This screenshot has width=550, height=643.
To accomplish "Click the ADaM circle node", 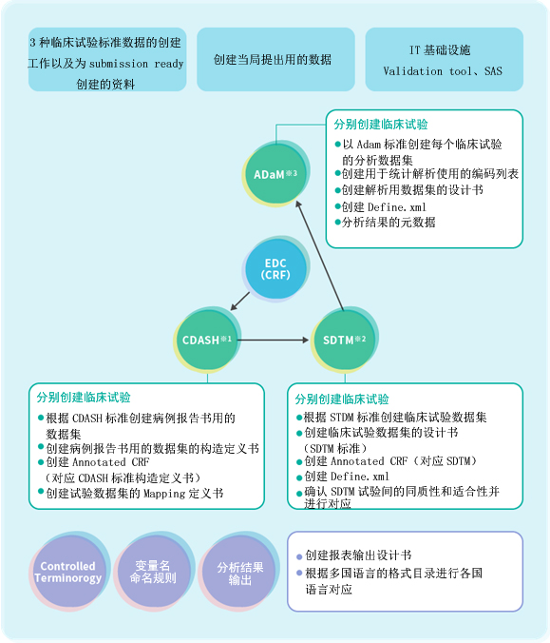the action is tap(275, 174).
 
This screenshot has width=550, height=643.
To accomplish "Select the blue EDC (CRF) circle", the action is tap(275, 269).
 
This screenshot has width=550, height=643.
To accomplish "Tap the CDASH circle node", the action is tap(207, 340).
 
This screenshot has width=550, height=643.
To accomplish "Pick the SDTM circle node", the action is tap(344, 340).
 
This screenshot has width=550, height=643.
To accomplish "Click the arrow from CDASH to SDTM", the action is tap(274, 340).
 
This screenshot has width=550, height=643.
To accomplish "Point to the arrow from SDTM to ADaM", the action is tap(320, 255).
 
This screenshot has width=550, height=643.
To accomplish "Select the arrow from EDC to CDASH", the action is tap(240, 301).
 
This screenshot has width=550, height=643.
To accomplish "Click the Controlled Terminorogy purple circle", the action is tap(68, 572).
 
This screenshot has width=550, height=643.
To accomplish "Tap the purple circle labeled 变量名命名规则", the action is tap(153, 572).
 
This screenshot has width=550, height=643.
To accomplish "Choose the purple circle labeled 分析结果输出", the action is tap(240, 573).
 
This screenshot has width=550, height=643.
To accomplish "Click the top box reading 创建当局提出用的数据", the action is tap(275, 60).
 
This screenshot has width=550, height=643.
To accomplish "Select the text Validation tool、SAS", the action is tap(443, 71).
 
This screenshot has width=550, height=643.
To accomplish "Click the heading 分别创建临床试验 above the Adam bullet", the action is tap(381, 125).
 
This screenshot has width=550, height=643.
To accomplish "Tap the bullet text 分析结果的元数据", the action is tap(389, 223).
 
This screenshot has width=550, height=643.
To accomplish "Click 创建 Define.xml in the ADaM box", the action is tap(384, 206).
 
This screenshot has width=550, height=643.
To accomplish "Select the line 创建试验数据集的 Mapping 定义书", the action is tap(135, 493).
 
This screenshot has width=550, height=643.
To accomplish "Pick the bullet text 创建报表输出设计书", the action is tap(358, 555).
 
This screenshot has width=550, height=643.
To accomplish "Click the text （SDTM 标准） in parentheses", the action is tap(335, 448).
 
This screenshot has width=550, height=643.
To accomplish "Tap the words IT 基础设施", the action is tap(440, 50).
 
